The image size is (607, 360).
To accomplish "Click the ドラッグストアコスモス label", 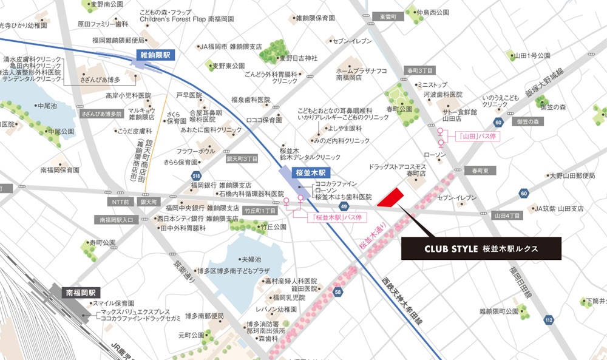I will point(398,166).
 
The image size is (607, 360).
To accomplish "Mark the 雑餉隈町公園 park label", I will point(498,311).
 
